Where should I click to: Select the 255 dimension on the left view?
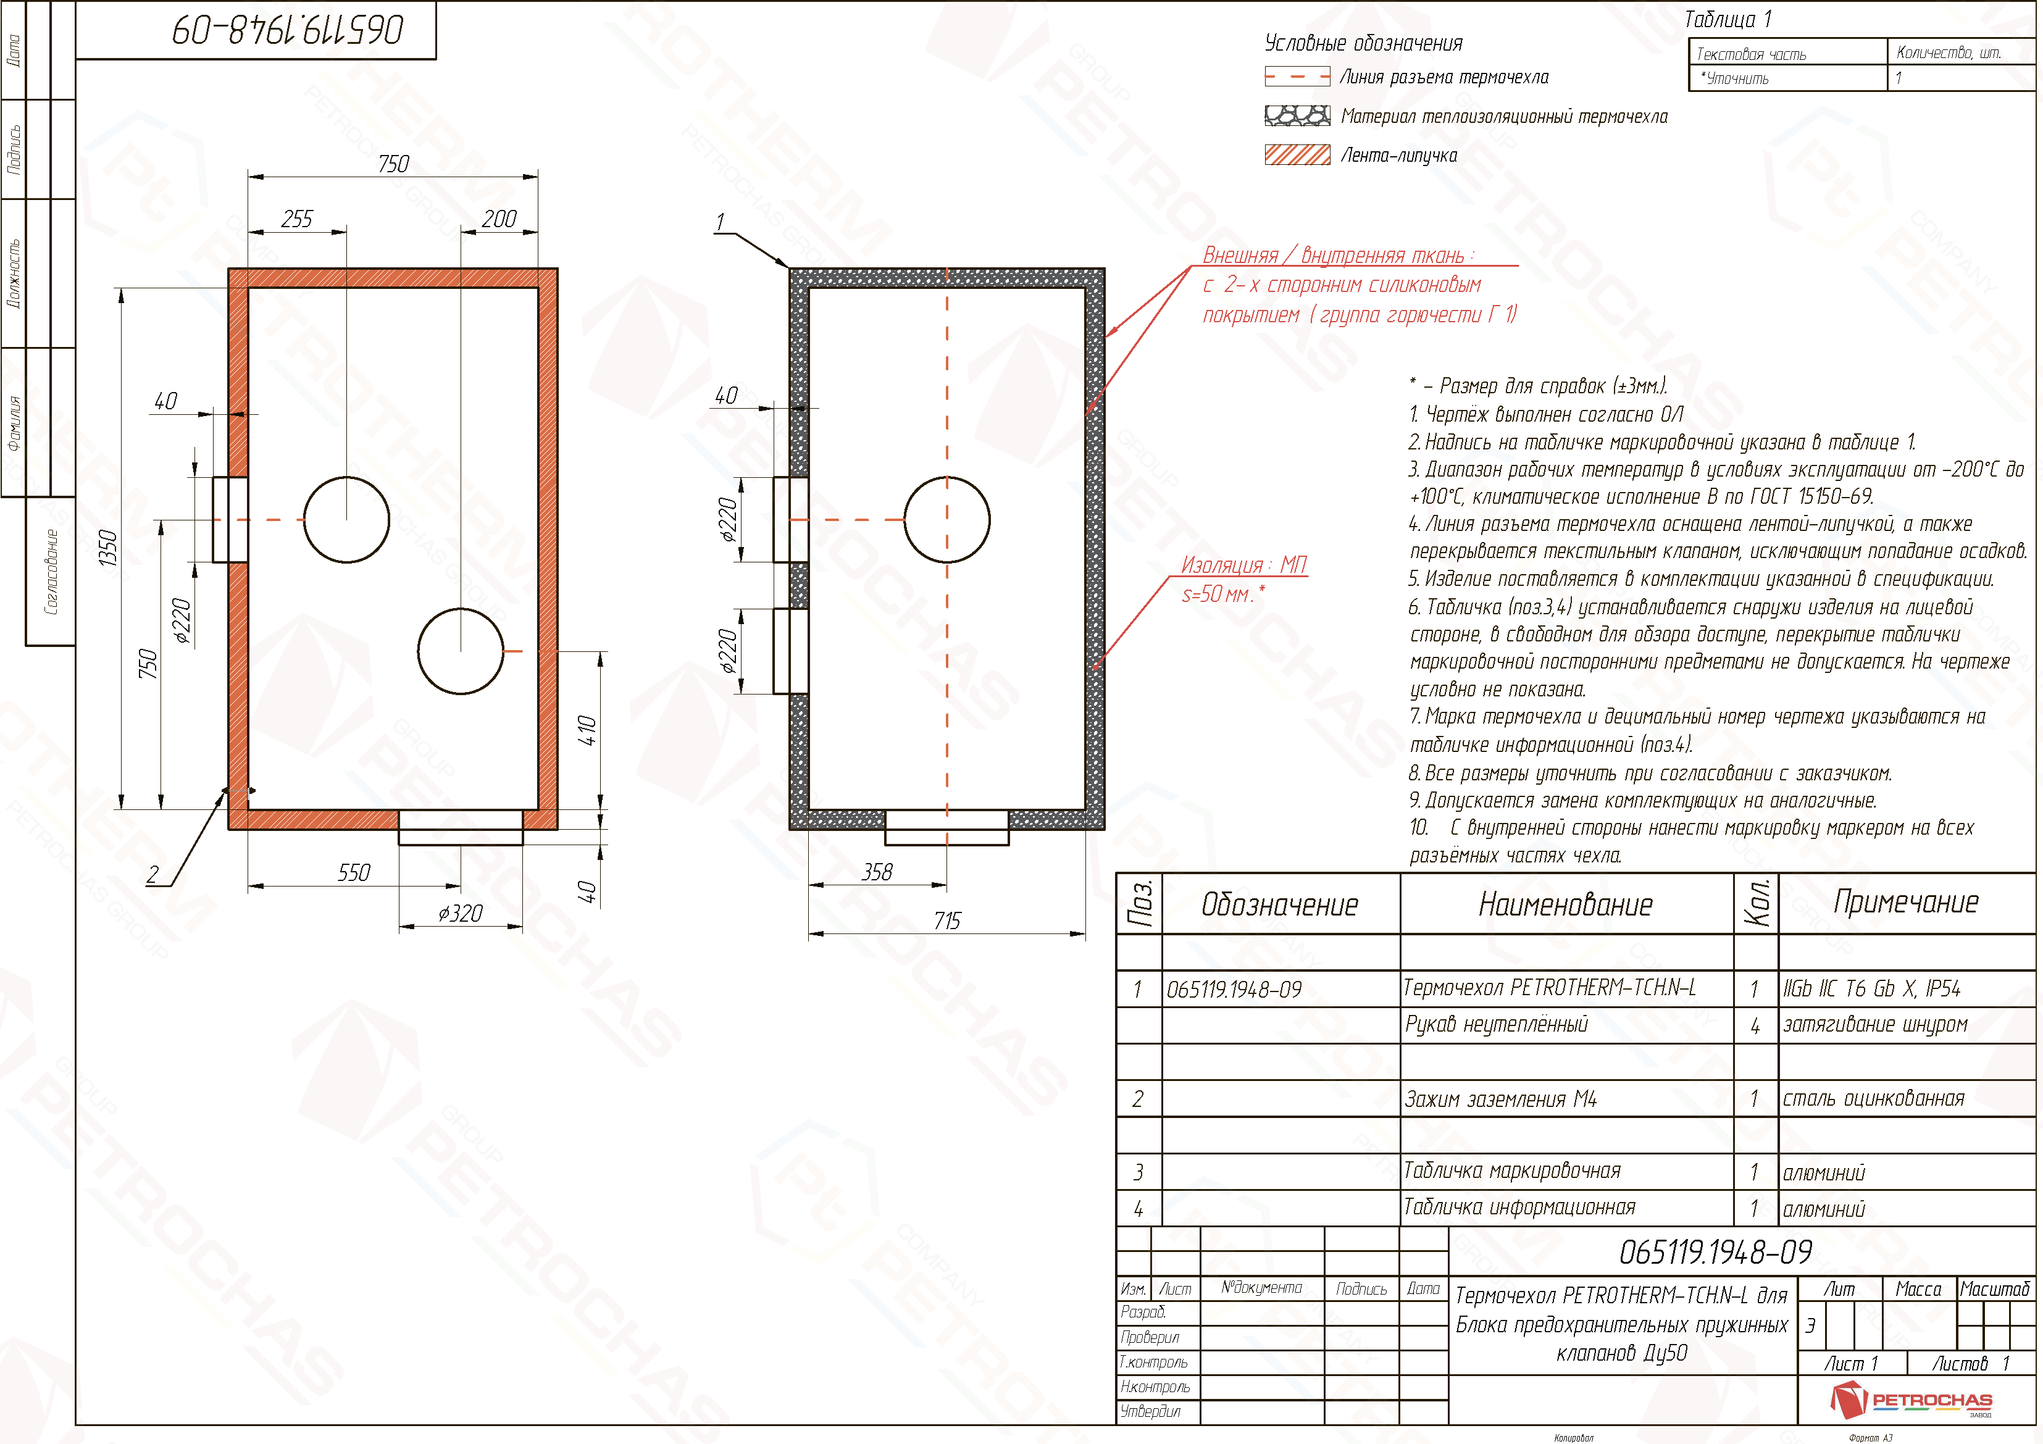297,219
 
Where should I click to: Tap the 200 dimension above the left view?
499,219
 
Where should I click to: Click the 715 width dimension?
946,921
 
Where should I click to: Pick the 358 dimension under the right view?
877,872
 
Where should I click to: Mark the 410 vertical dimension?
587,730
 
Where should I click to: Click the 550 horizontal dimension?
354,873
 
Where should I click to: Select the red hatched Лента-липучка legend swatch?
1297,155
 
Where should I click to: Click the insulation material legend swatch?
1297,115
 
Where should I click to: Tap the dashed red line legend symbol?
1297,77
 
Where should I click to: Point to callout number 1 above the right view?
720,222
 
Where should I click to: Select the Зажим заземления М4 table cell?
1500,1099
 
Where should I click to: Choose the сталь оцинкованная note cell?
1873,1099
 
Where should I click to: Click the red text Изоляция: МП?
1243,565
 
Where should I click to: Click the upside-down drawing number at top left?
288,30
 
